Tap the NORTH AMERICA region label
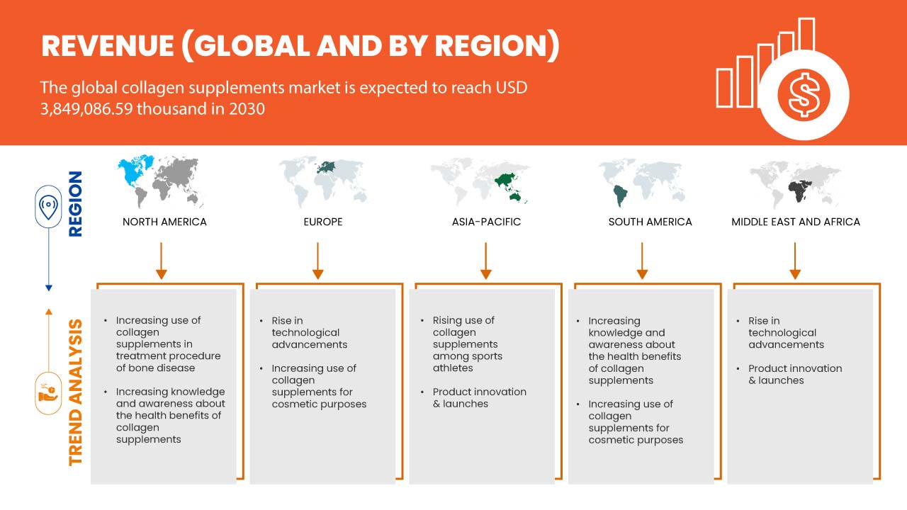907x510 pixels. [164, 222]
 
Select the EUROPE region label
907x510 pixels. [322, 222]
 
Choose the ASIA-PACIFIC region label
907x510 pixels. [486, 222]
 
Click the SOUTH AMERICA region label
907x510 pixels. [650, 222]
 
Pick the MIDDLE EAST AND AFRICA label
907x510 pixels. [796, 222]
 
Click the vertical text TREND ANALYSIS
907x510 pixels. [75, 392]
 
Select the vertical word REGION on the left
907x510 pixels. [75, 203]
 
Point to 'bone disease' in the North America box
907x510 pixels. [155, 368]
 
